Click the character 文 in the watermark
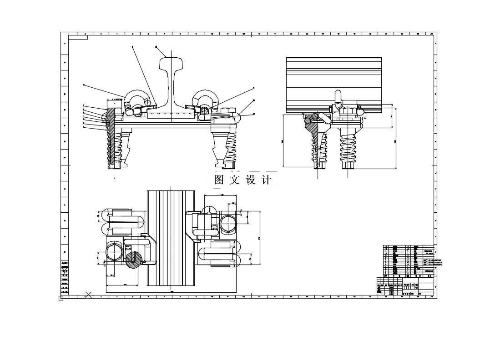[x=235, y=180]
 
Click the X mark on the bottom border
[x=89, y=295]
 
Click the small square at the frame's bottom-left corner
[x=61, y=298]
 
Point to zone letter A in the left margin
[x=65, y=44]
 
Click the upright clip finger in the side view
[x=338, y=96]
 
